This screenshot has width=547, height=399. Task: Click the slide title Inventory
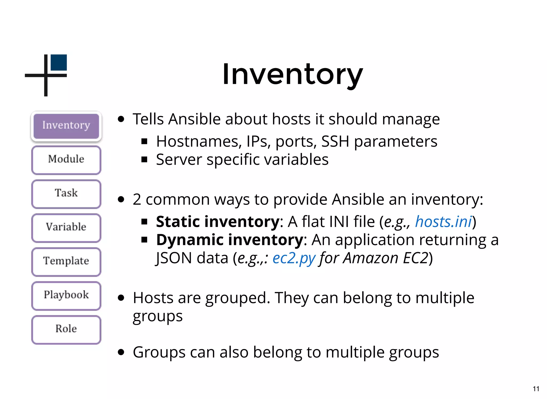[x=292, y=74]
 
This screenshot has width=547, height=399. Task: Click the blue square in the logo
[x=59, y=62]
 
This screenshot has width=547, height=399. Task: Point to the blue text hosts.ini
[x=443, y=222]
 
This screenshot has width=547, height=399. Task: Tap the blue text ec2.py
[x=294, y=258]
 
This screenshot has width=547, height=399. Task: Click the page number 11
[x=536, y=389]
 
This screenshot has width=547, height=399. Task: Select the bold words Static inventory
[x=218, y=222]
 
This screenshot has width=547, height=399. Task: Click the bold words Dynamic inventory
[x=230, y=240]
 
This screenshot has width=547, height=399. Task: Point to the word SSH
[x=335, y=142]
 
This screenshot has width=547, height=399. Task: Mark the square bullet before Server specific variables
[x=144, y=160]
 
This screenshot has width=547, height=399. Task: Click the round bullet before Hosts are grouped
[x=121, y=298]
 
